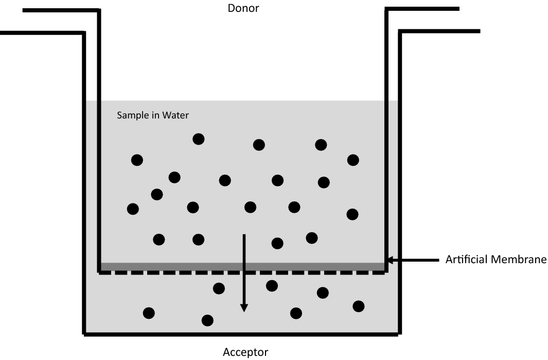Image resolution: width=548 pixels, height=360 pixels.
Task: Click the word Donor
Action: click(x=243, y=8)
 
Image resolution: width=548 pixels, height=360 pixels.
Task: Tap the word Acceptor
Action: click(x=245, y=353)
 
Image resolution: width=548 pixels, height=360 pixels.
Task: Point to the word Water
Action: click(x=176, y=115)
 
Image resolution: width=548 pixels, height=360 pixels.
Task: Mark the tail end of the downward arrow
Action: click(x=244, y=235)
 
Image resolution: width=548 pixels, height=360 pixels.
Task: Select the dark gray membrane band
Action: click(x=242, y=266)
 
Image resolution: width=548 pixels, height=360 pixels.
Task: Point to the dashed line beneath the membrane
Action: click(x=242, y=272)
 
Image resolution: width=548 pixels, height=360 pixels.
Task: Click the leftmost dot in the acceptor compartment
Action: click(x=149, y=313)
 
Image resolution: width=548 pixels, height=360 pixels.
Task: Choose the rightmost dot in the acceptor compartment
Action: click(x=359, y=306)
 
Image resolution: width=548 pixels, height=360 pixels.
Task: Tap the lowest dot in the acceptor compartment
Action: click(x=207, y=320)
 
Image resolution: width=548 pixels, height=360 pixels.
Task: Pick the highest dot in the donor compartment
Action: click(x=198, y=139)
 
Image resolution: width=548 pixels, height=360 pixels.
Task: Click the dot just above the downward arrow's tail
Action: click(x=250, y=207)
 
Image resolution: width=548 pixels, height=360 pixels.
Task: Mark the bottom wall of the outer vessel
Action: click(x=242, y=334)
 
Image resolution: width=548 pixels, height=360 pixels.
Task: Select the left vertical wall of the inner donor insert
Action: click(x=99, y=139)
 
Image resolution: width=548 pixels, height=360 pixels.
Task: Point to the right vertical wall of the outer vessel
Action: click(x=400, y=180)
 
